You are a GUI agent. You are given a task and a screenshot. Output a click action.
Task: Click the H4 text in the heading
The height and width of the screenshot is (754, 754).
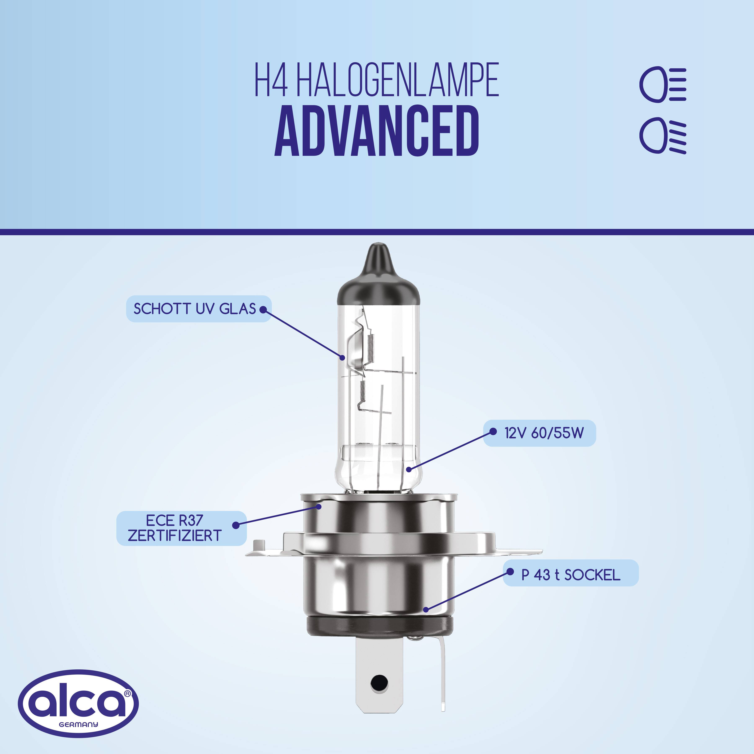click(271, 80)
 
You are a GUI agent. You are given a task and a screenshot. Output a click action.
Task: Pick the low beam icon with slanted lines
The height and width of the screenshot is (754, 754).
click(662, 136)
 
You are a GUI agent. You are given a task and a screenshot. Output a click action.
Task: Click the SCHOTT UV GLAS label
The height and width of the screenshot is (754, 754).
click(194, 309)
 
